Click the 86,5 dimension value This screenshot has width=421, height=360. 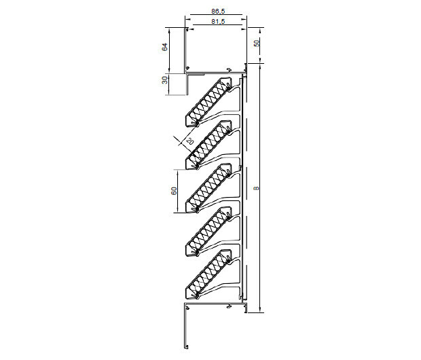click(x=218, y=12)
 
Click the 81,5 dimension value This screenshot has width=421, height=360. click(x=218, y=22)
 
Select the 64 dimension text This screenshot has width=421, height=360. click(x=164, y=47)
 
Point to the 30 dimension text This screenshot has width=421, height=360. click(x=164, y=80)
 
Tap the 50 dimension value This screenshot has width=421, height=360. click(x=257, y=43)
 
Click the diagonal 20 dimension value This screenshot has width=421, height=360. click(x=189, y=141)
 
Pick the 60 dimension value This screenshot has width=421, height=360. click(x=174, y=191)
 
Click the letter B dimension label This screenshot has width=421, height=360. click(x=257, y=188)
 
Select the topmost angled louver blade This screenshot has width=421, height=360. click(x=208, y=102)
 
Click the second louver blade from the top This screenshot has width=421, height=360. click(x=208, y=145)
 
